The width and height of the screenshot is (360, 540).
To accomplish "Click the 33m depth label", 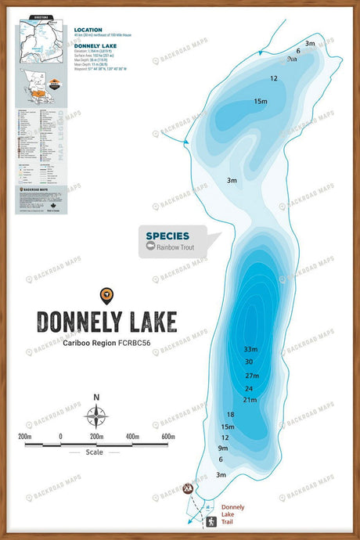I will point(250,349).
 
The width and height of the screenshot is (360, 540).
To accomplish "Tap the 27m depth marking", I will point(251,376).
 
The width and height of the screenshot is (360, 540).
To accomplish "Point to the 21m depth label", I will point(250,401).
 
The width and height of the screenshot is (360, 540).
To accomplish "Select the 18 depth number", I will point(230,415).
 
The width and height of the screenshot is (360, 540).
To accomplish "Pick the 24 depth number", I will point(249,388).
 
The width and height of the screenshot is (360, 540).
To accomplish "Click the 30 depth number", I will point(249,362).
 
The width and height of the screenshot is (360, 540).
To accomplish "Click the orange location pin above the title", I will point(106,294).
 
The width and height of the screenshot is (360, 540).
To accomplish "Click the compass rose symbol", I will point(96,416).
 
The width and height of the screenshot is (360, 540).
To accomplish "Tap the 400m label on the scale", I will point(132,436).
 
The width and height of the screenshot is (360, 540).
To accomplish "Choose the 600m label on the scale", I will point(169,436).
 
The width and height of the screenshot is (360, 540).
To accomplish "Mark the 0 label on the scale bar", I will point(60,436).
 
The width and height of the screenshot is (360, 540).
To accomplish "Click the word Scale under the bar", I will point(95,452).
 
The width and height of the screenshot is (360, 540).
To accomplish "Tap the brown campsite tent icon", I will point(188,490).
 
